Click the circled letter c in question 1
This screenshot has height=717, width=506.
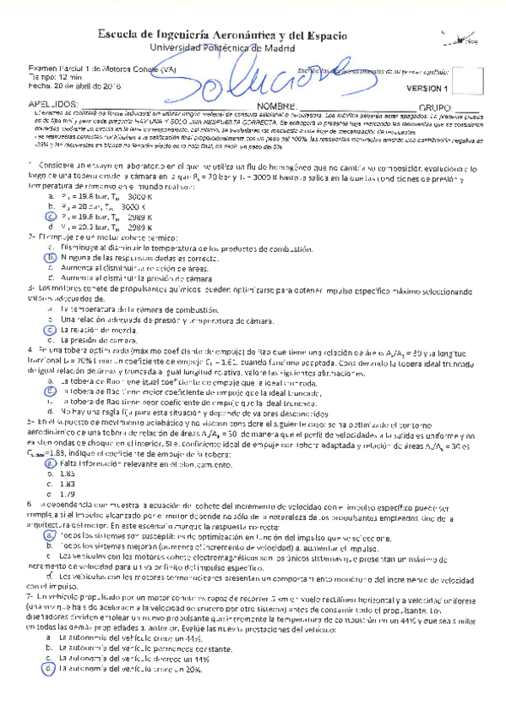pos(52,216)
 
